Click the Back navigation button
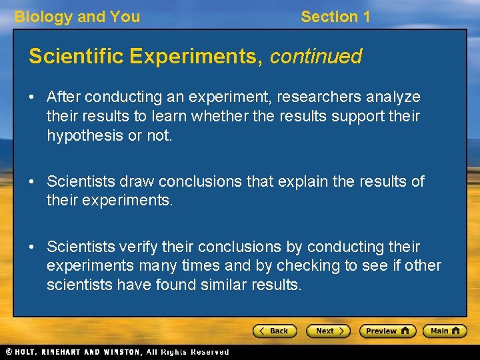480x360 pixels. tap(274, 331)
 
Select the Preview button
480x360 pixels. tap(387, 331)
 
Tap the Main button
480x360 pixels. tap(447, 331)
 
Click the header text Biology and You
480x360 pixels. tap(77, 17)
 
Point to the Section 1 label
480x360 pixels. tap(335, 17)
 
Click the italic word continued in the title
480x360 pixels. tap(315, 57)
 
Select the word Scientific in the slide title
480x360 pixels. tap(74, 57)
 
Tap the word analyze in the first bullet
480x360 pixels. tap(393, 97)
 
